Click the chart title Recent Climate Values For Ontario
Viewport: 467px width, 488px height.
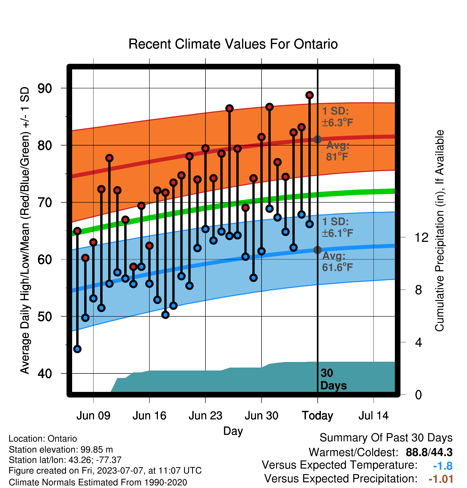(x=233, y=44)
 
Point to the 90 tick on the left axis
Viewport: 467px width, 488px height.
(x=45, y=88)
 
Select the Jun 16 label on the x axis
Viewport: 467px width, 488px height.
(x=149, y=416)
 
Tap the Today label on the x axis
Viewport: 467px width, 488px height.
(x=317, y=416)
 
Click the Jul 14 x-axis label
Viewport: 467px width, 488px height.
(x=373, y=416)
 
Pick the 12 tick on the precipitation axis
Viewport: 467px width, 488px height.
(x=421, y=237)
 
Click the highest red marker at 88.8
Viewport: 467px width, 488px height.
(x=309, y=95)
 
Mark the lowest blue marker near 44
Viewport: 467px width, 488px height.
(x=77, y=349)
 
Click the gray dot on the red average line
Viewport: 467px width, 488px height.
(x=317, y=139)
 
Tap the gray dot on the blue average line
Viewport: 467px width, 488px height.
(x=317, y=250)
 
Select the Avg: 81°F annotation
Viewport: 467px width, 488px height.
(x=338, y=151)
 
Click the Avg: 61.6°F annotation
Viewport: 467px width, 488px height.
(x=337, y=262)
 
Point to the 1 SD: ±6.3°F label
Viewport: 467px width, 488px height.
(x=337, y=117)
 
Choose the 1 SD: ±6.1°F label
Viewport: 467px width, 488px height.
(x=337, y=227)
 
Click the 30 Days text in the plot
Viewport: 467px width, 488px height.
(x=333, y=379)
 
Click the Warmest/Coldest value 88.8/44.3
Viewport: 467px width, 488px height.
(x=429, y=452)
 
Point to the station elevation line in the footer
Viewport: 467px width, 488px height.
(x=61, y=450)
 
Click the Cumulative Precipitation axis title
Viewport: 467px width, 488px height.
(x=439, y=231)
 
